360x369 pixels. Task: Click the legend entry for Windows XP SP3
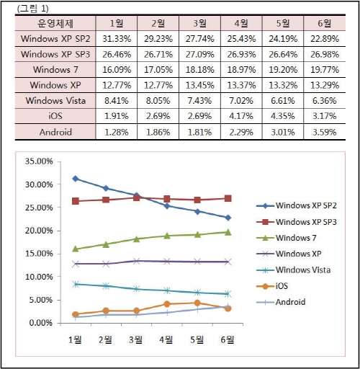coord(305,222)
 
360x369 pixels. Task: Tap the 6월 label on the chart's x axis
coord(225,338)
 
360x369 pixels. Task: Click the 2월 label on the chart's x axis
coord(105,338)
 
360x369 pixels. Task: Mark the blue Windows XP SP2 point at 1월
coord(75,178)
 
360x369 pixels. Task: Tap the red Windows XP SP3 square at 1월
coord(75,201)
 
